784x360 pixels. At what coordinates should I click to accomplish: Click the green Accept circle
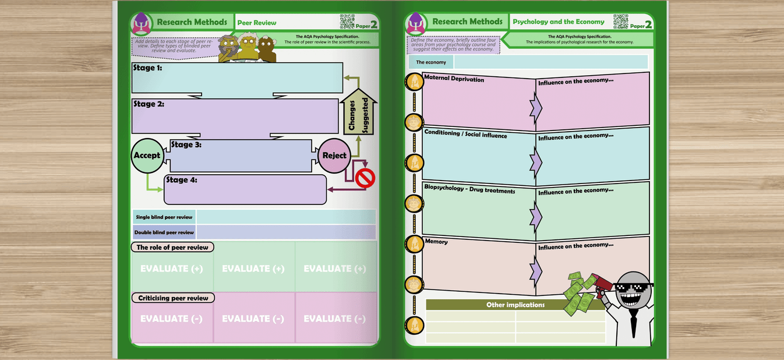tap(147, 156)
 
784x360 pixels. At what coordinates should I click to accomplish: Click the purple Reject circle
tap(334, 156)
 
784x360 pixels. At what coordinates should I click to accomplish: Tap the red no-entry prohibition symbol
tap(365, 178)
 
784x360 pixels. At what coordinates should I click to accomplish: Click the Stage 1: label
tap(147, 68)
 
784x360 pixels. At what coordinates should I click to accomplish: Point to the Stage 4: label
tap(182, 180)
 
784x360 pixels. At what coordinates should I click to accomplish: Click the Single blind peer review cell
tap(164, 217)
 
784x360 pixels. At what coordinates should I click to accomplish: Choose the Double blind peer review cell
tap(164, 232)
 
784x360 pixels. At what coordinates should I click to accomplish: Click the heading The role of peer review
tap(172, 248)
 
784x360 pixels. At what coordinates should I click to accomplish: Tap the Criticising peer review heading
tap(172, 298)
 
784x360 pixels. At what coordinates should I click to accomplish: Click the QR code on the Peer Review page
tap(347, 22)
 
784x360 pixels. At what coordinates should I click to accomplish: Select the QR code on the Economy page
tap(620, 22)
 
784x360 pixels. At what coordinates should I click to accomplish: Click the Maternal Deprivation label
tap(454, 79)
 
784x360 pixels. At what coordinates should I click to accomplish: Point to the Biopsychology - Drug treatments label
tap(469, 189)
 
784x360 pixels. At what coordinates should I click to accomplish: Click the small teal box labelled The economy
tap(431, 62)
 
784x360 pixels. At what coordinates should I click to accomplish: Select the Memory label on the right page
tap(436, 241)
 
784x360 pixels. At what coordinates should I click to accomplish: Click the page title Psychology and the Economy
tap(558, 22)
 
